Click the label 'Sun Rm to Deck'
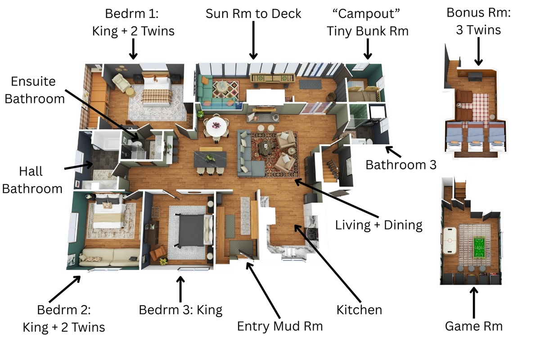pos(253,13)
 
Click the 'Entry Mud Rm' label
pos(280,326)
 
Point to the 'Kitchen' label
pos(359,310)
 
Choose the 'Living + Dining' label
pos(378,224)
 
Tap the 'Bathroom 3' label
pos(400,165)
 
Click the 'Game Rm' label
pos(473,326)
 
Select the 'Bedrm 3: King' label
pos(180,310)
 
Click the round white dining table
pos(215,126)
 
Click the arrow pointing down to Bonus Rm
pos(478,51)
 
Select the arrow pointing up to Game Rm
pos(473,301)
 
